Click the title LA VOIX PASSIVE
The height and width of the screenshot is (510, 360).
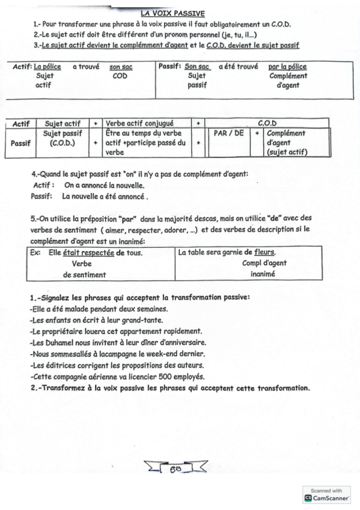click(172, 12)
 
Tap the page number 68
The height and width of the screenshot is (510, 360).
click(177, 467)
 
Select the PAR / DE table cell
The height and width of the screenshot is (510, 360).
click(230, 134)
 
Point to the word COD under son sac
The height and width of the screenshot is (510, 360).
click(120, 76)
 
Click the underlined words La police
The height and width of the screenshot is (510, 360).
click(47, 67)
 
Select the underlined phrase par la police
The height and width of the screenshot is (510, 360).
click(287, 67)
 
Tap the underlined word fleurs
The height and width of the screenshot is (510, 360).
click(264, 253)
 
